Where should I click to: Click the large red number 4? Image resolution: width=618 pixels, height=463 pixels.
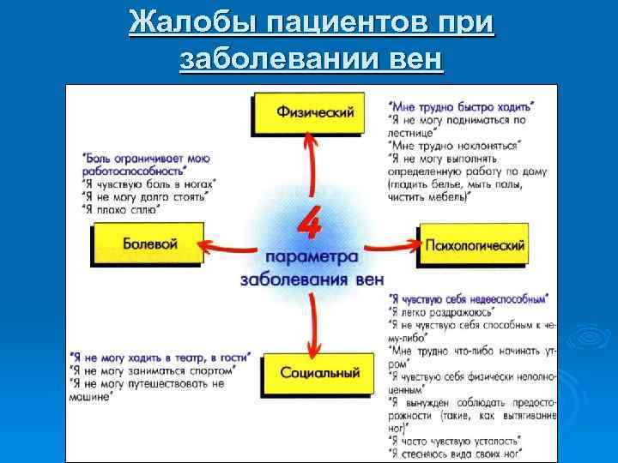point(309,225)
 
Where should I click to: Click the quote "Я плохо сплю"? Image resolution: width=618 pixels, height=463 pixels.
point(120,208)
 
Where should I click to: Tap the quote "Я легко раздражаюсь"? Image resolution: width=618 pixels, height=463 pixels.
point(439,312)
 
